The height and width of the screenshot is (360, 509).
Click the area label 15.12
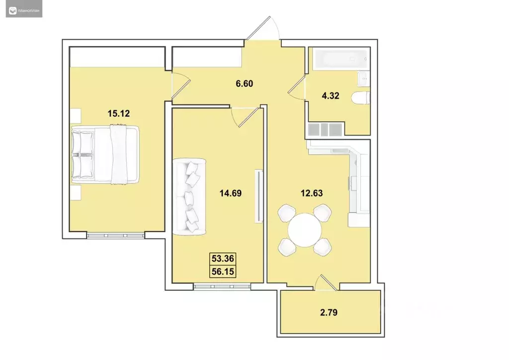point(118,113)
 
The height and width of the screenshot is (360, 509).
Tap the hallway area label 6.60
point(245,84)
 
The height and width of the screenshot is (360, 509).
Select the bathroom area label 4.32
point(330,96)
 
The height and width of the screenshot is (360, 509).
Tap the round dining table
point(304,230)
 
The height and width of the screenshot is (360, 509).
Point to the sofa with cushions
point(189,196)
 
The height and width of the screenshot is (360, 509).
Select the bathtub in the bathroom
point(339,59)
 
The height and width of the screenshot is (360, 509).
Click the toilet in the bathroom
point(359,97)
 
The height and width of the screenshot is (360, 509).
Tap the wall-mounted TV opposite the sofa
point(257,196)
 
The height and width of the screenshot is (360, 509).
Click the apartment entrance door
point(263,30)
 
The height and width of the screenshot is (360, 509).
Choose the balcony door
point(326,283)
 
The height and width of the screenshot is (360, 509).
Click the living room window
point(214,285)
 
